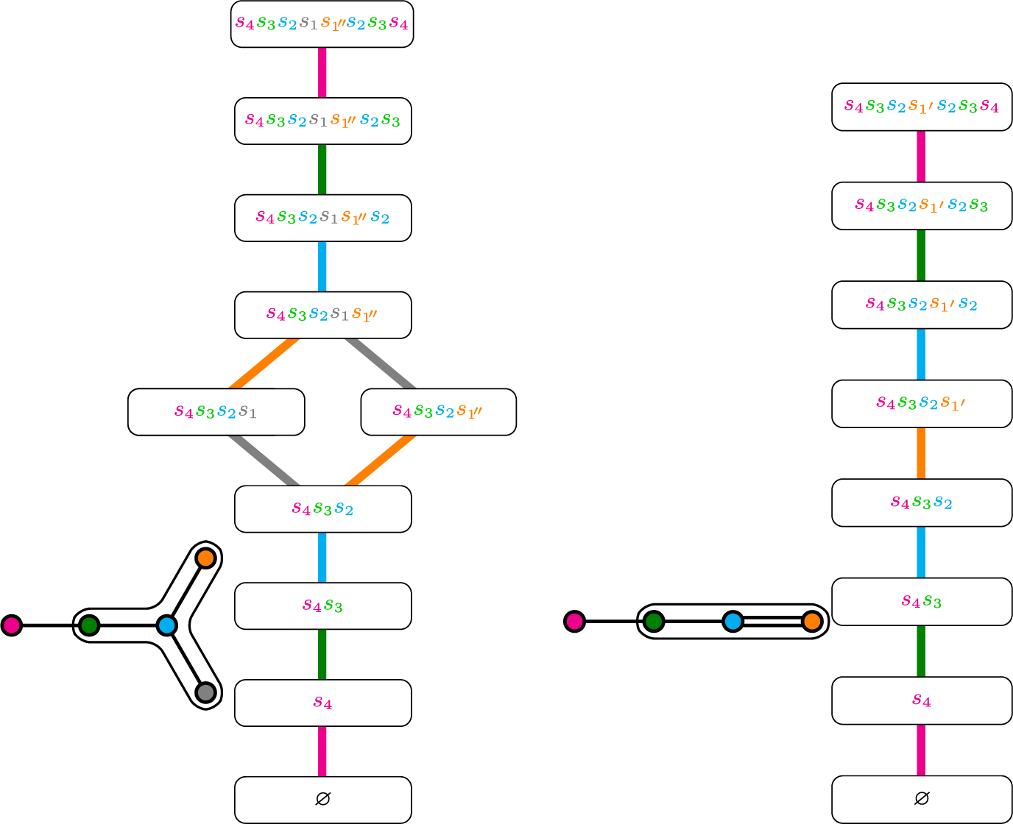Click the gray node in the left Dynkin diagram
click(x=205, y=692)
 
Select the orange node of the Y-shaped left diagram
click(x=205, y=558)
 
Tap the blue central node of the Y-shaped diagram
click(x=167, y=625)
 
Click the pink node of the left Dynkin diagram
click(x=12, y=625)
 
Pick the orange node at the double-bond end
click(x=812, y=622)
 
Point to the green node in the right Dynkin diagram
click(x=654, y=622)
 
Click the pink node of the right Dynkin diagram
click(x=575, y=622)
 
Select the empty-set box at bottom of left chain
click(x=322, y=800)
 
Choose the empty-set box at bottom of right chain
click(x=922, y=799)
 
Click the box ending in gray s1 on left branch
click(x=216, y=412)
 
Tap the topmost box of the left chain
click(x=322, y=24)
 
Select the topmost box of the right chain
click(x=922, y=107)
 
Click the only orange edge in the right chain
click(x=921, y=453)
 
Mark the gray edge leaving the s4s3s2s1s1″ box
click(x=380, y=363)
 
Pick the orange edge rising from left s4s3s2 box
click(x=380, y=461)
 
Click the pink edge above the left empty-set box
click(x=322, y=751)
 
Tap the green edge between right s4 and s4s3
click(x=921, y=651)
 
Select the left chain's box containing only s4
click(x=322, y=703)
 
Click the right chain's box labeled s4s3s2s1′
click(x=922, y=404)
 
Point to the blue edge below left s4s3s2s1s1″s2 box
click(x=322, y=266)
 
